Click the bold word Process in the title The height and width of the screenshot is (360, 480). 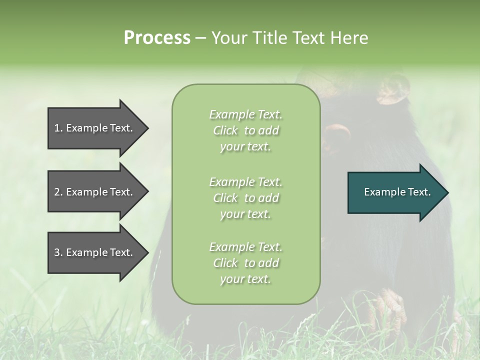click(x=157, y=38)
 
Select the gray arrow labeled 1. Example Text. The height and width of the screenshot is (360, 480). click(x=95, y=128)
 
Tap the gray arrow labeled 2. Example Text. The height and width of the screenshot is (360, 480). click(x=95, y=192)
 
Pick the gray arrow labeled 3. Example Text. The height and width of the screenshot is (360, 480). click(x=95, y=252)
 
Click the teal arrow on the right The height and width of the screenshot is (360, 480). click(x=395, y=192)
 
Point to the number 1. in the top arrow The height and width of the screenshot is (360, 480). click(x=58, y=128)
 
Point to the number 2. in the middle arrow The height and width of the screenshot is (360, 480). click(x=58, y=192)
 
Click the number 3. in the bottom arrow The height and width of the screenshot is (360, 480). click(x=58, y=252)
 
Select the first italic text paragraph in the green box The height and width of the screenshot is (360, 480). click(x=245, y=130)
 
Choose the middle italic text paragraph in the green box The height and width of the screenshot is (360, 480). click(x=245, y=198)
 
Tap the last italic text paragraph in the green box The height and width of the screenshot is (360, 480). click(x=245, y=263)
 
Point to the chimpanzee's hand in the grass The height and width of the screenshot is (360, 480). click(x=387, y=307)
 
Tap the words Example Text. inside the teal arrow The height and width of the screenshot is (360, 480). click(x=397, y=192)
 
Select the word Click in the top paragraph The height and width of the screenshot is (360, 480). click(x=225, y=130)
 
